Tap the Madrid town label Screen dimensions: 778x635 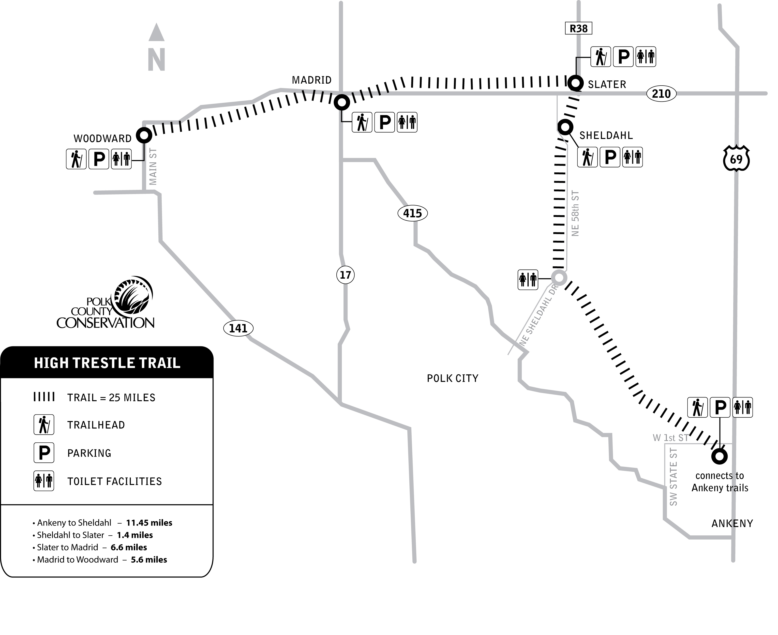click(x=312, y=80)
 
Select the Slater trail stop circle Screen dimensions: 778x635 click(x=575, y=83)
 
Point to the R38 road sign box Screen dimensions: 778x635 click(x=579, y=28)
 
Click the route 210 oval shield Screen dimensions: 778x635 click(x=661, y=94)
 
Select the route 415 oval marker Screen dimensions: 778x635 click(x=413, y=213)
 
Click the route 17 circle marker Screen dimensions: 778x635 click(x=345, y=275)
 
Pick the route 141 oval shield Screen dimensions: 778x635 click(x=238, y=328)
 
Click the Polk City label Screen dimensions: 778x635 click(x=452, y=378)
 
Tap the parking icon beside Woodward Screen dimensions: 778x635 click(x=99, y=159)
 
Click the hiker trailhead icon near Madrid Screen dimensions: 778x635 click(x=362, y=122)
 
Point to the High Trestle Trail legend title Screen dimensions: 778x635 click(x=107, y=363)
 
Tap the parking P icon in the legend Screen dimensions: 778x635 click(x=44, y=453)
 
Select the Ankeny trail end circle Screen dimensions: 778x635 click(x=719, y=456)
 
